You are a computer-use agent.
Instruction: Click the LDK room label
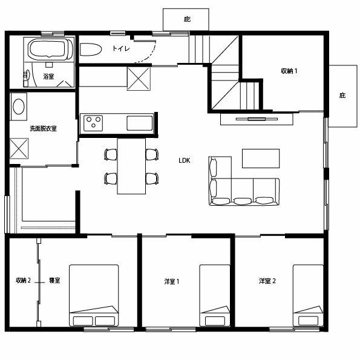click(185, 160)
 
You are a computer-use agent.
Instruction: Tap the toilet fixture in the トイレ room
click(91, 50)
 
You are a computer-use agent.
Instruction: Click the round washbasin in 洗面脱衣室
click(19, 106)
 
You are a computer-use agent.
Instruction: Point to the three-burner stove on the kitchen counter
click(93, 123)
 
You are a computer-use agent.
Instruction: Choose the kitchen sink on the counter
click(140, 123)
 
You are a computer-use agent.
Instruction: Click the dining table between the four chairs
click(131, 166)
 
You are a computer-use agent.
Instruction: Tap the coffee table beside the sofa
click(261, 159)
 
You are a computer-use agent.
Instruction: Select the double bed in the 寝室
click(94, 295)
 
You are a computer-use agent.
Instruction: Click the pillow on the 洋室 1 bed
click(215, 321)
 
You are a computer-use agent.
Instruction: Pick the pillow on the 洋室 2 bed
click(309, 321)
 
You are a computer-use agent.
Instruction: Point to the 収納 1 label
click(289, 71)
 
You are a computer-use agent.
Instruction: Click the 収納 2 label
click(23, 280)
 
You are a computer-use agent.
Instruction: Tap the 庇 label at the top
click(187, 19)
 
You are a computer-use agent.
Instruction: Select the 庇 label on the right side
click(342, 95)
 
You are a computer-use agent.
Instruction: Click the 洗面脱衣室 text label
click(43, 128)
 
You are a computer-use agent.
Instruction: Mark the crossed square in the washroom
click(19, 148)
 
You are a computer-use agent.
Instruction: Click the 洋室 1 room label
click(172, 281)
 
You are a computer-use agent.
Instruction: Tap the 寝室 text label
click(54, 280)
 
